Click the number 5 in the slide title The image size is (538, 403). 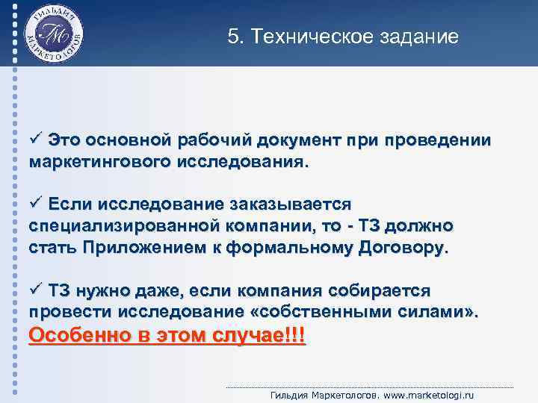click(232, 37)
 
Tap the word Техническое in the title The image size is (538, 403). click(312, 37)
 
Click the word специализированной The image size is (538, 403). click(124, 225)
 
